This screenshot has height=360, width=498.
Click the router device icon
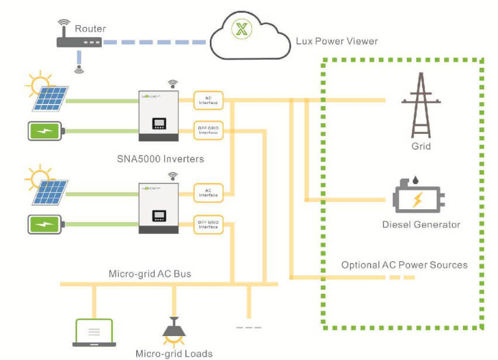(x=79, y=42)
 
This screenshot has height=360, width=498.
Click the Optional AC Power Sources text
(x=404, y=265)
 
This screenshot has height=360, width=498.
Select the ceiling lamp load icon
(x=173, y=331)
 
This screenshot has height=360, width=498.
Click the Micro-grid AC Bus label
(x=150, y=274)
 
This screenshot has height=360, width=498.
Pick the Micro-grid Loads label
(x=174, y=353)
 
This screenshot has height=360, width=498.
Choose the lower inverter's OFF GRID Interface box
(x=209, y=224)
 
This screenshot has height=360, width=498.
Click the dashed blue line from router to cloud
(x=155, y=42)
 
